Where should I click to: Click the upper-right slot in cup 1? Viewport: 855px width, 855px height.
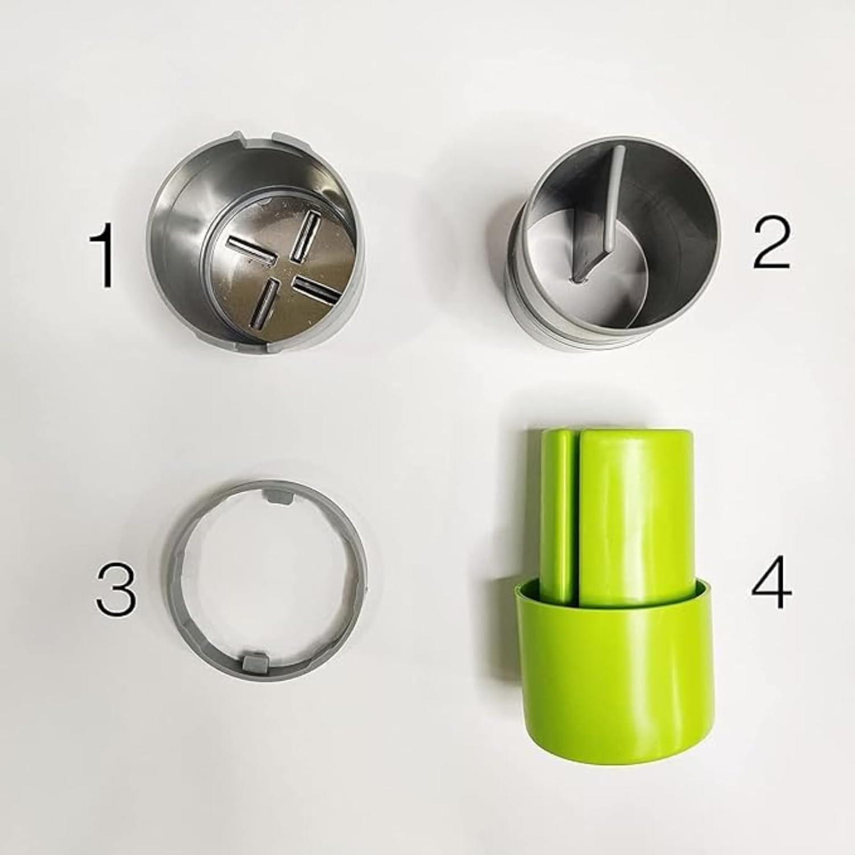304,234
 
